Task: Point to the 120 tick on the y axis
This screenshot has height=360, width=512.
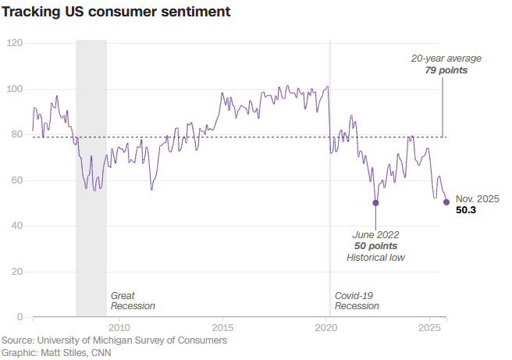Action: point(13,42)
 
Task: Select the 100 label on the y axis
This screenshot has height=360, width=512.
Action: point(13,88)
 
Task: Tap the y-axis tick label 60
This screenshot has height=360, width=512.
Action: point(16,180)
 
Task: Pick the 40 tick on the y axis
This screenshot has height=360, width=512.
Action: point(16,226)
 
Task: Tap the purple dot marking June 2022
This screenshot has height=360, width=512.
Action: point(376,202)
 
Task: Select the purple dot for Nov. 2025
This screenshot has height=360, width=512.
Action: point(446,201)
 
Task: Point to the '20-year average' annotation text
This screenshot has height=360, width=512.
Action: point(446,59)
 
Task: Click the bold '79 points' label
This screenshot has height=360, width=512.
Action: point(447,70)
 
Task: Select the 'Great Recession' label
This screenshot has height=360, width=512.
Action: point(133,301)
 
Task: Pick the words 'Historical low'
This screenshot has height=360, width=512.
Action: point(376,258)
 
